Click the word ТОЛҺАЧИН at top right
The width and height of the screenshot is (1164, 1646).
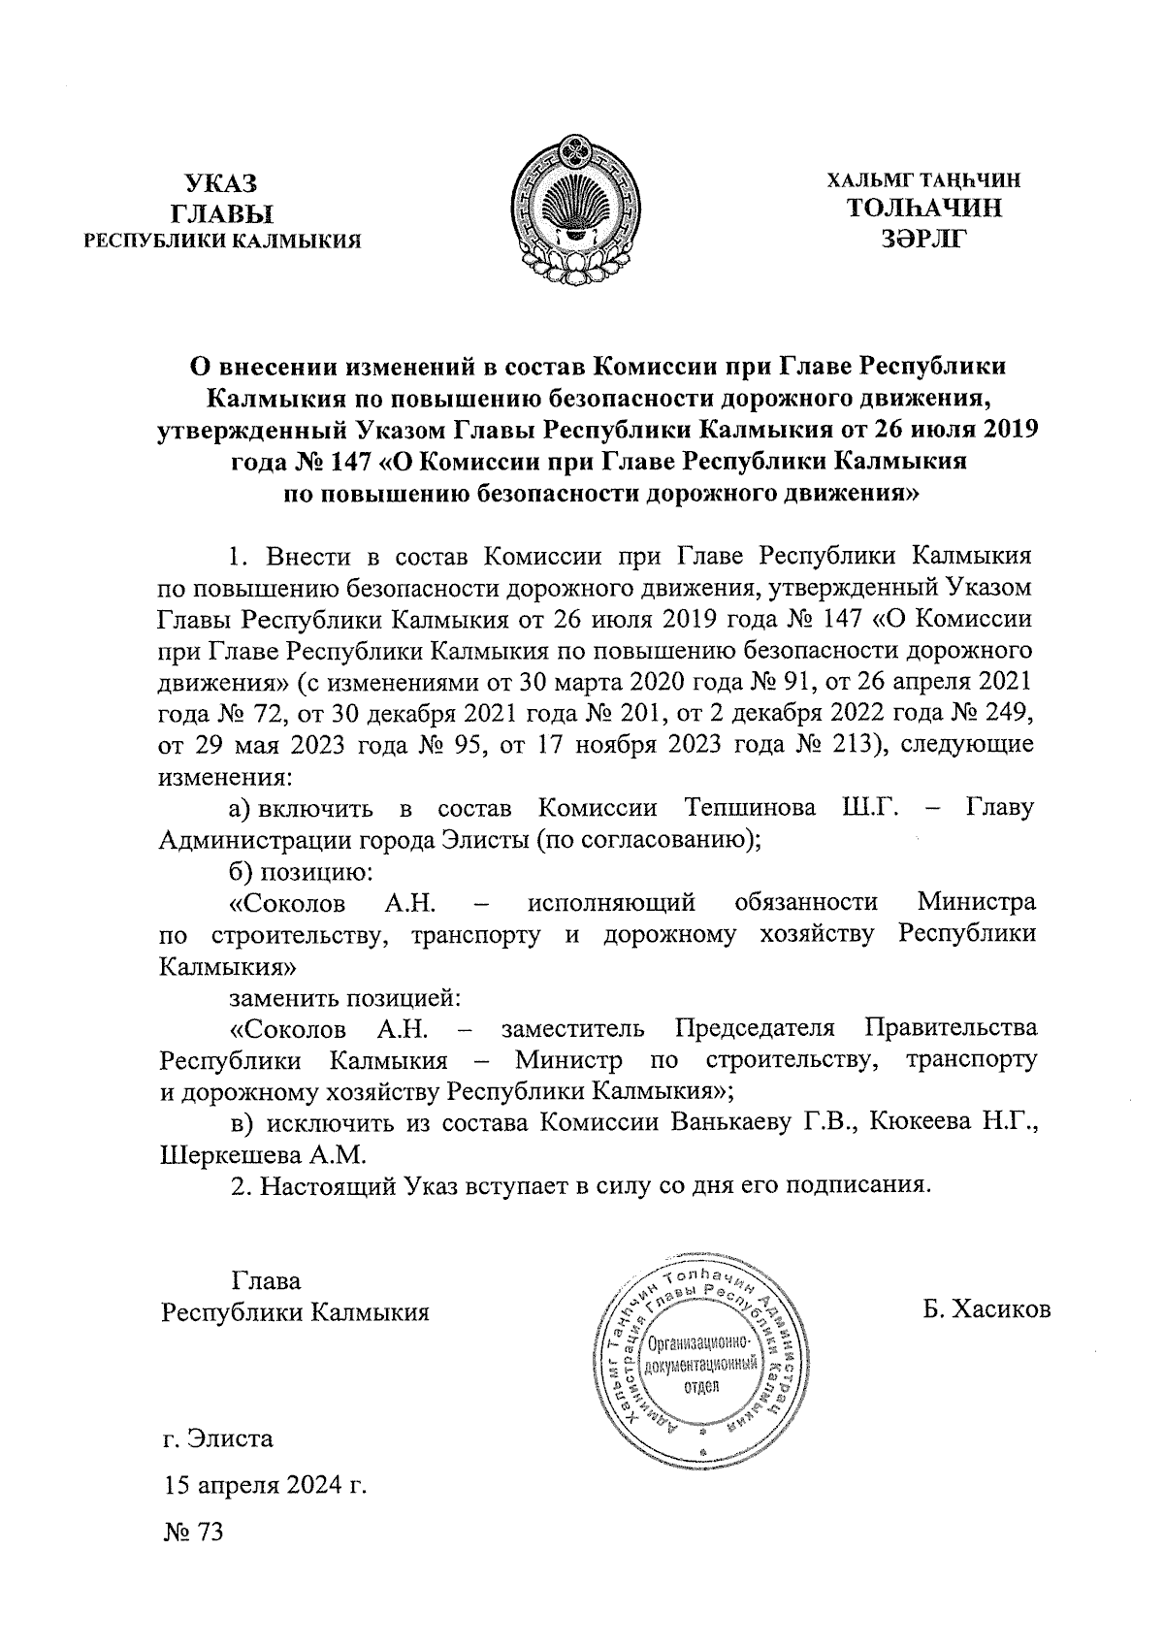924,209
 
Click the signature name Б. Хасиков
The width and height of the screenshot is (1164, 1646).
987,1311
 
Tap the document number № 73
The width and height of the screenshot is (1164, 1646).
193,1533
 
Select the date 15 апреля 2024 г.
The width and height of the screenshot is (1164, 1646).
265,1486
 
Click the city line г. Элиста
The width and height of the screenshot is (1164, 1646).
218,1438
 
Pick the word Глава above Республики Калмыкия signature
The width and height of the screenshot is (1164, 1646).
267,1280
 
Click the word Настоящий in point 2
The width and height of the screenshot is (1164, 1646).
334,1186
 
